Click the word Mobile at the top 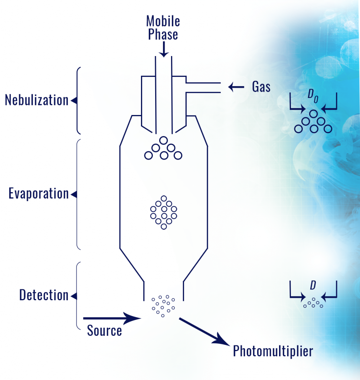coord(163,21)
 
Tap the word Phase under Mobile coord(163,34)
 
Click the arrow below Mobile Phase coord(164,49)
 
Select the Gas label coord(261,87)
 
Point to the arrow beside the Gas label coord(236,87)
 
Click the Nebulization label coord(37,100)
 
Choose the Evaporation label coord(39,194)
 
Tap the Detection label coord(44,295)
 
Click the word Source coord(105,330)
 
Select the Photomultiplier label coord(273,351)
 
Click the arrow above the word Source coord(112,318)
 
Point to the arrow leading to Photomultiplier coord(204,332)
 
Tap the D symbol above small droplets coord(313,285)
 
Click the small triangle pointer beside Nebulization coord(74,100)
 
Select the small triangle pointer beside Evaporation coord(74,194)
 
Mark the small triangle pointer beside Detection coord(74,296)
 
